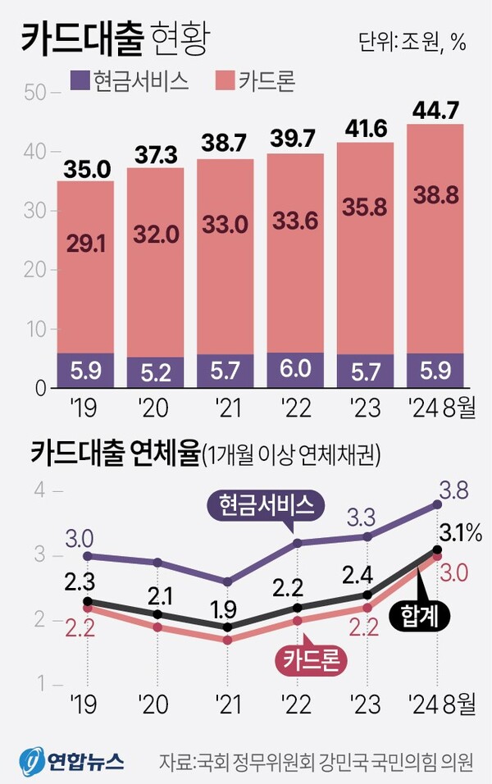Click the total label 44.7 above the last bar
(x=435, y=108)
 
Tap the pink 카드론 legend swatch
(x=224, y=80)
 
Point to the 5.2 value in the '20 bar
(x=155, y=374)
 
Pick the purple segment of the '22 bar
(x=295, y=371)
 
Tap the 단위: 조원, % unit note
(x=412, y=43)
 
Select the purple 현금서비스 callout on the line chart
(x=266, y=506)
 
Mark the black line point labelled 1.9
(x=225, y=627)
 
